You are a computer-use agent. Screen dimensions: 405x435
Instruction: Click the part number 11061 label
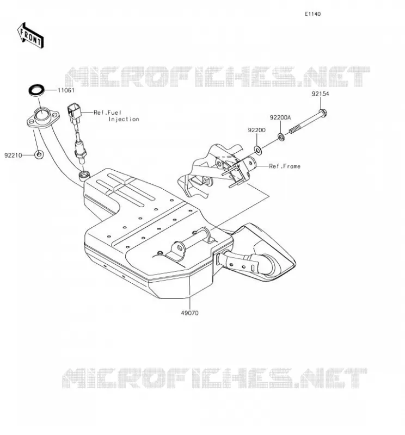click(66, 90)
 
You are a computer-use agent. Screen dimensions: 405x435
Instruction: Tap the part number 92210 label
click(13, 156)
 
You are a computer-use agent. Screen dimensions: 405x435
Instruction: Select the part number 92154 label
click(320, 94)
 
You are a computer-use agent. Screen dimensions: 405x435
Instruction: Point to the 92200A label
click(280, 117)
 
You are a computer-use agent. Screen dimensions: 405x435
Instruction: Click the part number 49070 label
click(190, 313)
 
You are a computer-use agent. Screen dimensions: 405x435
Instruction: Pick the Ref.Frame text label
click(285, 166)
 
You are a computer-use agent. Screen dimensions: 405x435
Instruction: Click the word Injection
click(124, 119)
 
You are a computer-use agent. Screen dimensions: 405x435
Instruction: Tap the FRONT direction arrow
click(30, 36)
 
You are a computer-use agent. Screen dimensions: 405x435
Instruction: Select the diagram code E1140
click(312, 14)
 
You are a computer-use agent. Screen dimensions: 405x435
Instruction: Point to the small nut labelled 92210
click(39, 154)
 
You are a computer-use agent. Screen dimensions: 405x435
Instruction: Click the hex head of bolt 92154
click(322, 113)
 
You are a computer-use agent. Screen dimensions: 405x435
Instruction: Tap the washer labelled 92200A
click(281, 136)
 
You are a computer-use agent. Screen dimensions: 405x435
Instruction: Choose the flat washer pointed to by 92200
click(258, 150)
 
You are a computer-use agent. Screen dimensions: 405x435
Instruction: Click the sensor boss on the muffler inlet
click(84, 175)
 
